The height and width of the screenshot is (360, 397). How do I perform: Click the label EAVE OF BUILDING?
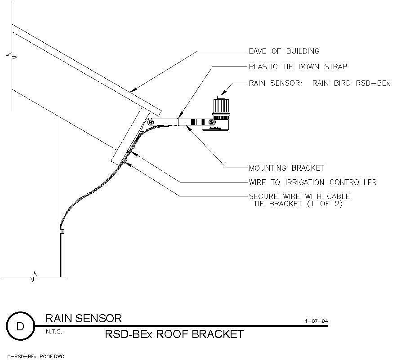point(284,51)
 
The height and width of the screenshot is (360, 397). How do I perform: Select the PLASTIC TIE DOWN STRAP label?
point(298,67)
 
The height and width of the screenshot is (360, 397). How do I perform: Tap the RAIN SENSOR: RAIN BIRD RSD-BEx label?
point(320,83)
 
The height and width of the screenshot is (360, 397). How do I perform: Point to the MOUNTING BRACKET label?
point(286,168)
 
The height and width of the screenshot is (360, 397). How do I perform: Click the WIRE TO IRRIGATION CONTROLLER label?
point(312,182)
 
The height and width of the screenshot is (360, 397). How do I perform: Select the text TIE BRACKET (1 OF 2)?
point(298,204)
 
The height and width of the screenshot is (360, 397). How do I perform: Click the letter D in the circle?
point(20,326)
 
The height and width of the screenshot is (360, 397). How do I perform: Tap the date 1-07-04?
point(316,321)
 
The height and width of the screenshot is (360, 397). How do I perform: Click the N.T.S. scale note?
point(54,332)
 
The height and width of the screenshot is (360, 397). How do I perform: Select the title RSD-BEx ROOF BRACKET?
point(174,334)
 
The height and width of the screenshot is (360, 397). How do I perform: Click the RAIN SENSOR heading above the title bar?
point(84,318)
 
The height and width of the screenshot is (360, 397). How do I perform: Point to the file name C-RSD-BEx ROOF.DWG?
point(36,357)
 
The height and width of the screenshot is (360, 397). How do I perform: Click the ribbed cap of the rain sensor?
point(221,107)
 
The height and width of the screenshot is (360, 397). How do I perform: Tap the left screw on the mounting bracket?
point(151,122)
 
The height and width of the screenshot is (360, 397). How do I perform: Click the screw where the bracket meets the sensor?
point(211,122)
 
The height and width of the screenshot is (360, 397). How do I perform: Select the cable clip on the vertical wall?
point(62,231)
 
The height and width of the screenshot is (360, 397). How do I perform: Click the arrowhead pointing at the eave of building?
point(133,90)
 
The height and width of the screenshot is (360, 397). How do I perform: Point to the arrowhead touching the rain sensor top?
point(224,93)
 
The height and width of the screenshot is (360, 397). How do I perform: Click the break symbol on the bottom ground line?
point(34,277)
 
